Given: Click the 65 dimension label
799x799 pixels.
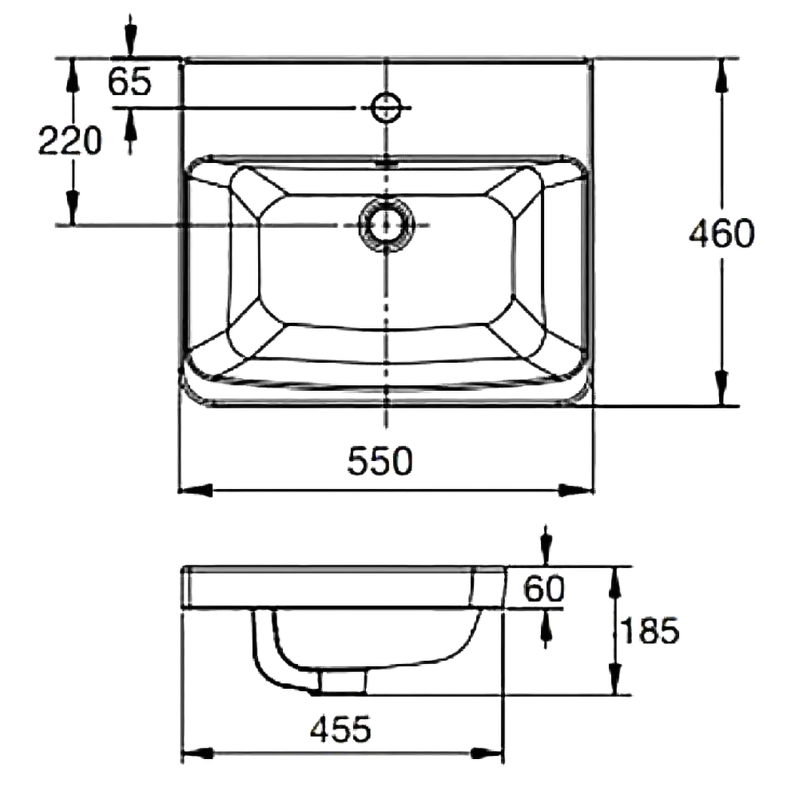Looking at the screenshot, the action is [130, 81].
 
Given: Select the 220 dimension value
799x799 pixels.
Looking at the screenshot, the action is [70, 141].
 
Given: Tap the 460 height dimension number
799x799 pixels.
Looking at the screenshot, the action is [721, 233].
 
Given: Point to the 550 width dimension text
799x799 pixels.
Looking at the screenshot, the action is [380, 461].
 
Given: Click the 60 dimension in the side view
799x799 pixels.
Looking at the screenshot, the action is [544, 589].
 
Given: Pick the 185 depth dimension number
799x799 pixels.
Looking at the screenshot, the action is [650, 630].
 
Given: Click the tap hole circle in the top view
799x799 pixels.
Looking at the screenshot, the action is [386, 108].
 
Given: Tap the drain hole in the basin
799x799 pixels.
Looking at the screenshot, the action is [386, 225].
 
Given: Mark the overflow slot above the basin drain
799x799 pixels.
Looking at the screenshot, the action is [386, 164].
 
